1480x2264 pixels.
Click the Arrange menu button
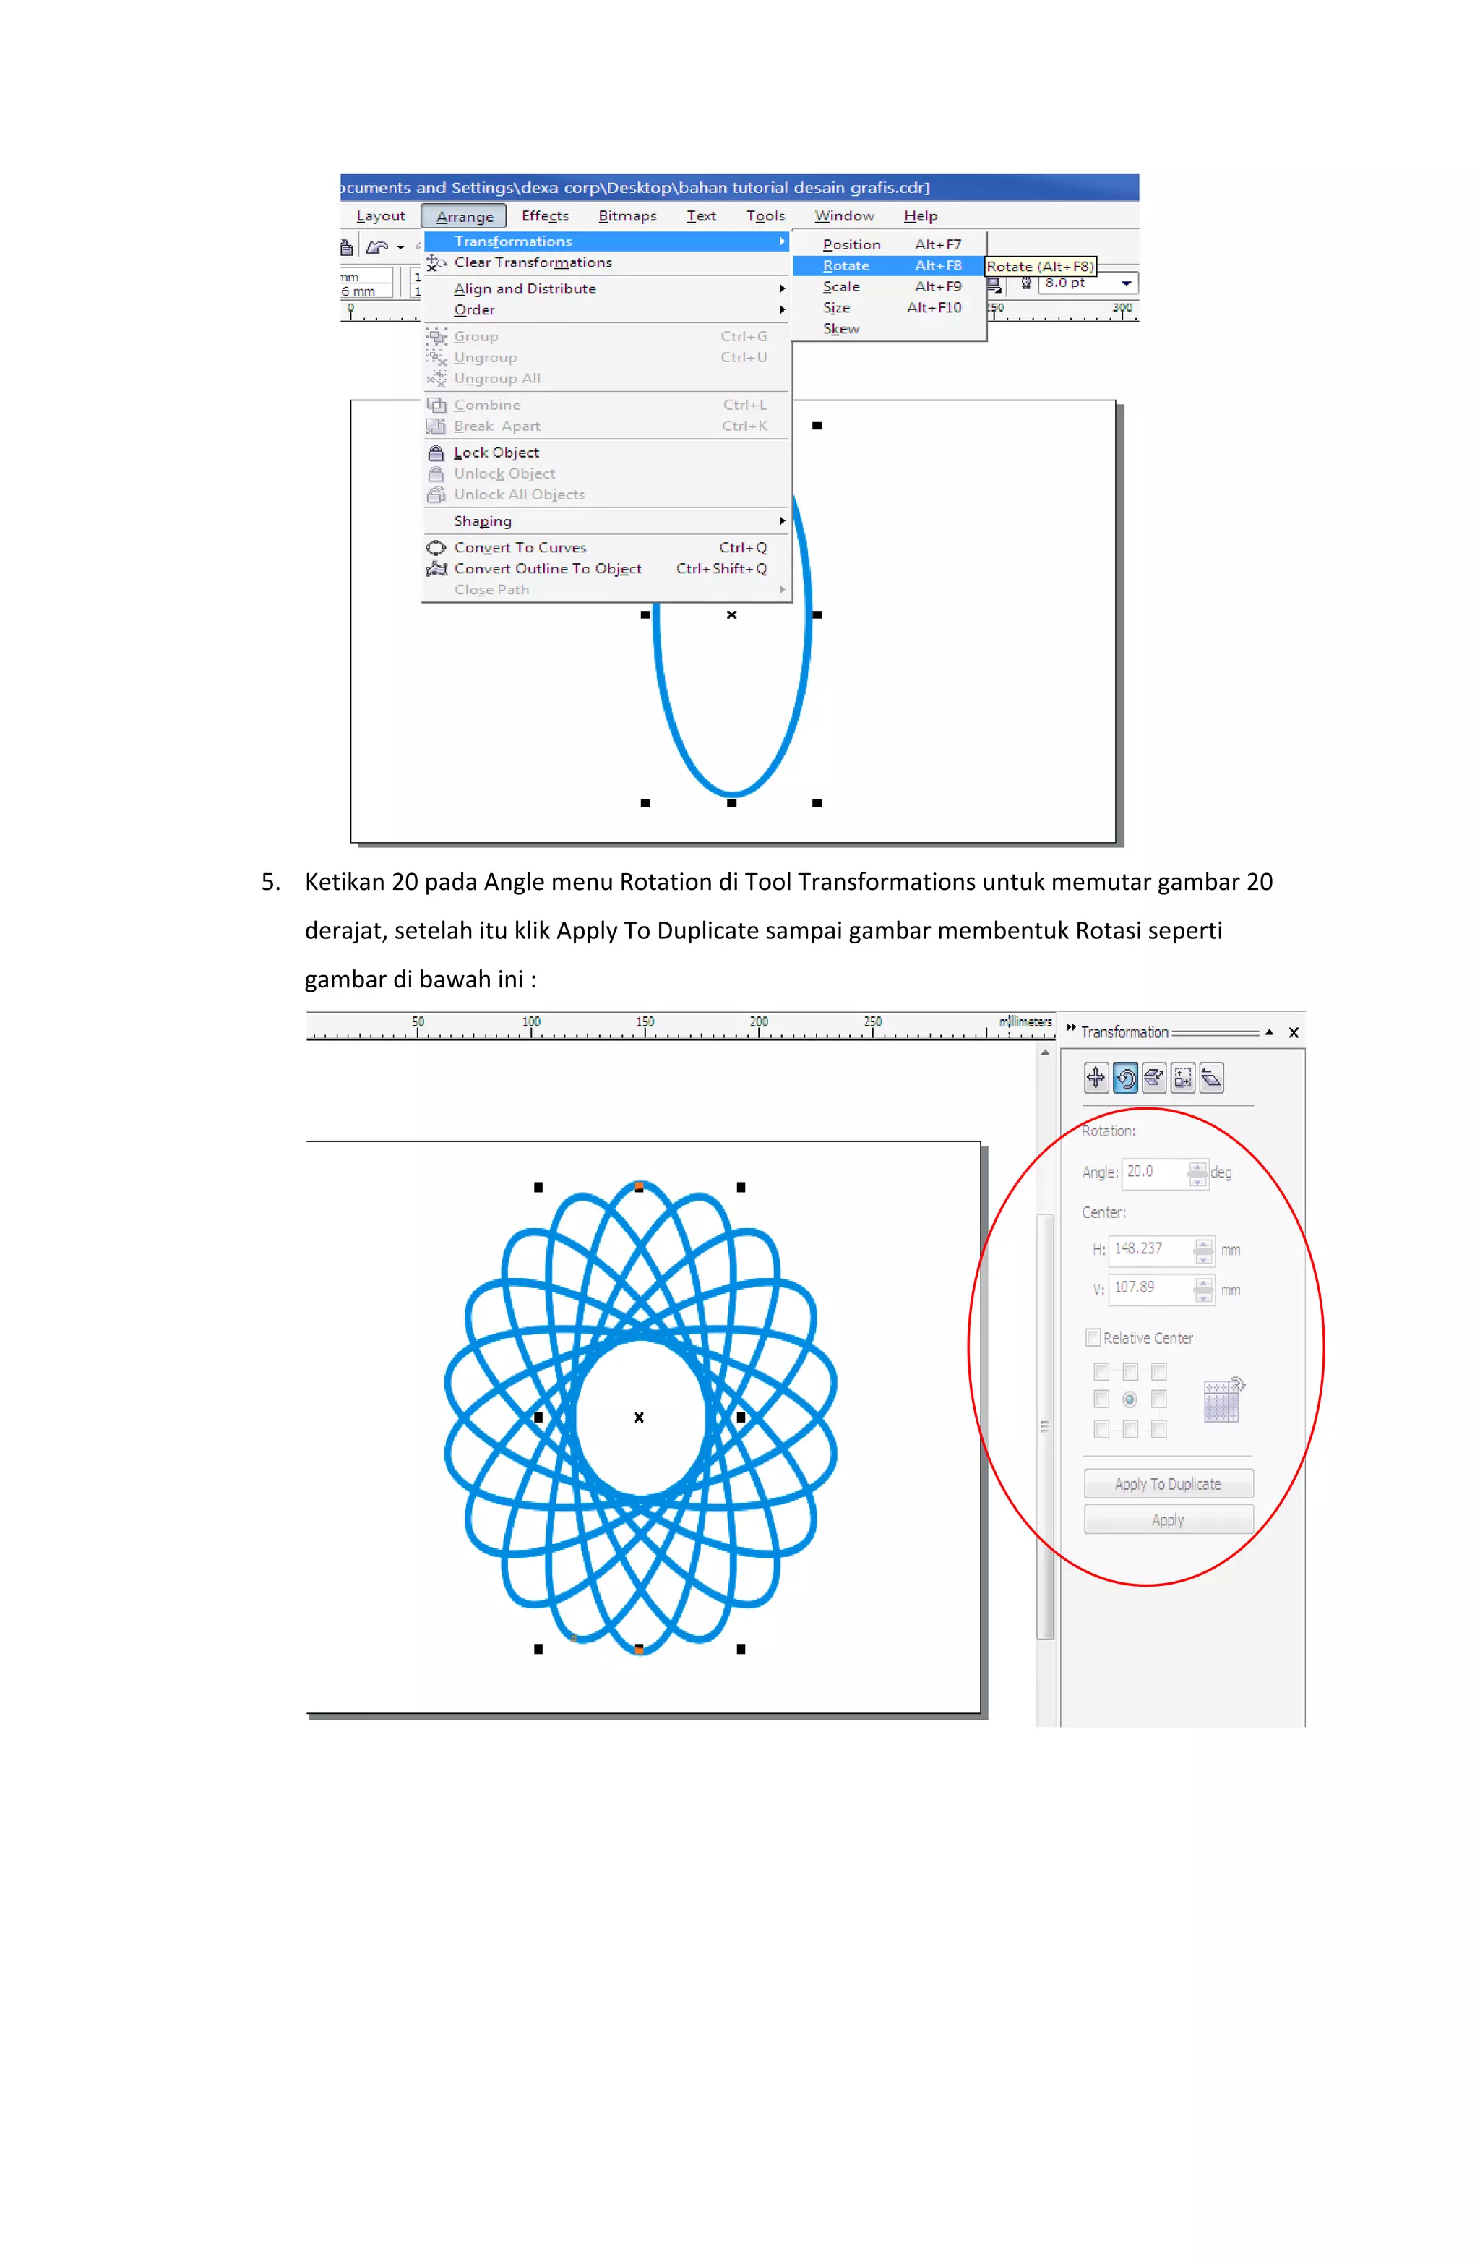[463, 216]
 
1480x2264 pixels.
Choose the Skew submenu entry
[841, 329]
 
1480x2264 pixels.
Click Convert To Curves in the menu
[520, 548]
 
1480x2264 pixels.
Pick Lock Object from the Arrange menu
[496, 453]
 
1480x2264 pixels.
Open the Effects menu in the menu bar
[545, 216]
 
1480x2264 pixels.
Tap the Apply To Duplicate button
[1167, 1484]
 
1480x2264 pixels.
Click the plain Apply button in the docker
[1167, 1520]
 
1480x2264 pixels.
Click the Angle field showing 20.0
[1154, 1172]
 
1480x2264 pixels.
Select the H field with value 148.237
[1148, 1249]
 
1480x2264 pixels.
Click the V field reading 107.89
[1148, 1288]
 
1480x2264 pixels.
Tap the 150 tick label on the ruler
[645, 1021]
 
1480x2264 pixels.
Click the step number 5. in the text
[271, 882]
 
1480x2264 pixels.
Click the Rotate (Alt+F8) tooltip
[1040, 266]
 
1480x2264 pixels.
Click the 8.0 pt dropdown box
[1087, 283]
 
